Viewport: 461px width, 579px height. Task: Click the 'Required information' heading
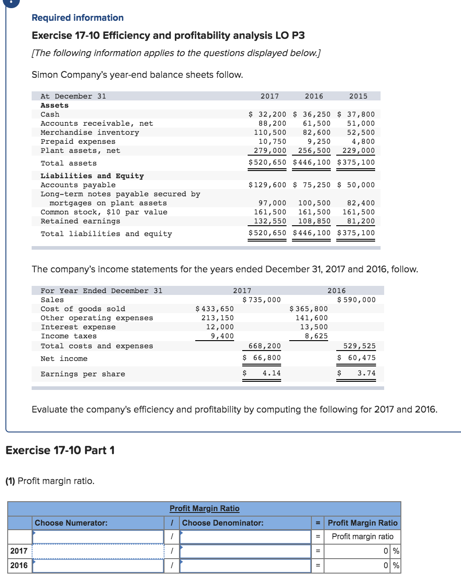[77, 18]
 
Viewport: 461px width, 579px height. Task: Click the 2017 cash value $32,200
[268, 114]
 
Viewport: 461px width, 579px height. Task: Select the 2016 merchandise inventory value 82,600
[316, 133]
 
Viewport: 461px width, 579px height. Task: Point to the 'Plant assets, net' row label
[80, 151]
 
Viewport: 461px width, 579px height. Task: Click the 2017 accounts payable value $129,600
[268, 185]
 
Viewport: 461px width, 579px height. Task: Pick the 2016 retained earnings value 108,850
[314, 221]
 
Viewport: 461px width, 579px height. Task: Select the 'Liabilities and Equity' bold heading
[92, 176]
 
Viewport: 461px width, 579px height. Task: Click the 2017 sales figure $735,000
[262, 300]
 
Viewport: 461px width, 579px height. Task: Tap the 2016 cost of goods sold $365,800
[309, 309]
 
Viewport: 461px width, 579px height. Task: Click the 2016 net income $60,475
[357, 358]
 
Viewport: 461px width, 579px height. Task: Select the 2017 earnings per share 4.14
[271, 373]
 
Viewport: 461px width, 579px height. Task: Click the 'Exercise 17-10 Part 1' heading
[60, 450]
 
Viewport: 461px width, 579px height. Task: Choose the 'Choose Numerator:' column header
[71, 523]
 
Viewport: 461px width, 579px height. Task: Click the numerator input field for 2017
[98, 551]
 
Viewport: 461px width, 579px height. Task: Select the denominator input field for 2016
[245, 565]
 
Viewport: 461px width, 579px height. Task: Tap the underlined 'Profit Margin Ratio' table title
[204, 508]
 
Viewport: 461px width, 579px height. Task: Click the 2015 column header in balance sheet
[358, 96]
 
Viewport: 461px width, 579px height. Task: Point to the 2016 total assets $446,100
[312, 162]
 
